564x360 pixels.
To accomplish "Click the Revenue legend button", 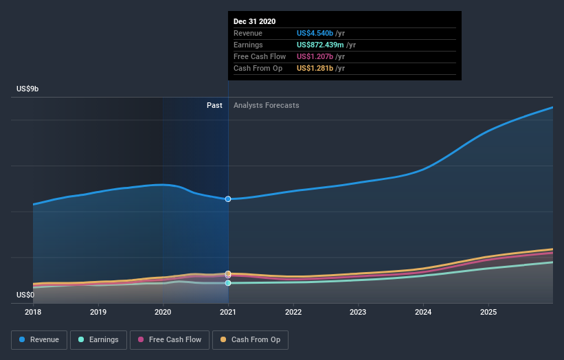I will (39, 339).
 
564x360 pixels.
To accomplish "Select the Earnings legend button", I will (98, 339).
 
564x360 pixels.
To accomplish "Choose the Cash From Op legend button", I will (250, 339).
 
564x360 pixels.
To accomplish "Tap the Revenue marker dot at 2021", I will (228, 199).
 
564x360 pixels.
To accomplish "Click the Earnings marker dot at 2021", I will (228, 282).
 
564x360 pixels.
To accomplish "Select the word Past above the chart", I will (214, 105).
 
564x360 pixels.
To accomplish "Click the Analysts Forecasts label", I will (267, 105).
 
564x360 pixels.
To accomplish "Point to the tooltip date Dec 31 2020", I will (254, 21).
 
